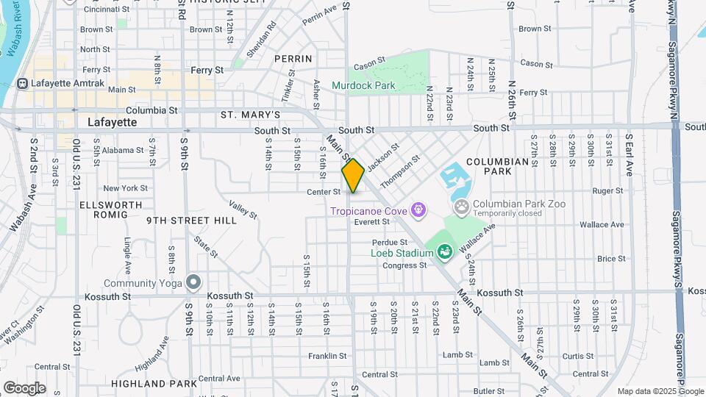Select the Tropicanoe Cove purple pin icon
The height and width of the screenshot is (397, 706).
point(418,210)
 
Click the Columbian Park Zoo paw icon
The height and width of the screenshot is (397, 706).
point(463,206)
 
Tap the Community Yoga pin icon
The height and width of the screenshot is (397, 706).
point(193,282)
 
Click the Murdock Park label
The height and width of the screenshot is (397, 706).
point(363,85)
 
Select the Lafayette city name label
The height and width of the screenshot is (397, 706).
point(112,122)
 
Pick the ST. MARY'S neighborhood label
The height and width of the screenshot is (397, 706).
point(250,115)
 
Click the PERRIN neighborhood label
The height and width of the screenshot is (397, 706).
point(293,58)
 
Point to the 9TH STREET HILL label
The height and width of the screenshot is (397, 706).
point(191,220)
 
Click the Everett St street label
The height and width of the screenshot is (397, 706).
point(371,221)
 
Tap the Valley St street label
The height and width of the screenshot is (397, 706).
point(243,210)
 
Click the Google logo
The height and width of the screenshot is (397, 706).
point(24,387)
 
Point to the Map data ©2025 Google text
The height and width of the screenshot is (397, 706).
point(659,391)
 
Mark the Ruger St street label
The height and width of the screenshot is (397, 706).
point(607,190)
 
